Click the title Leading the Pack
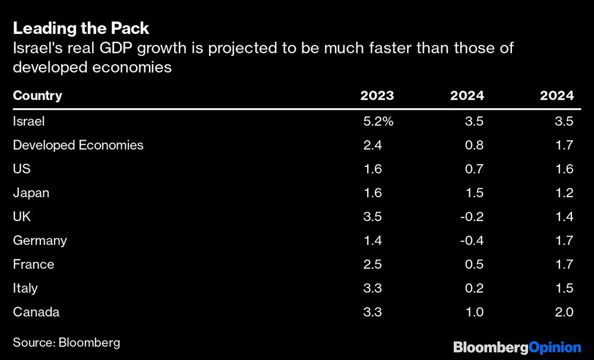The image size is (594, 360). click(81, 29)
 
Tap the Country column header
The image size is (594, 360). click(37, 96)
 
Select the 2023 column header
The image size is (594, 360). click(377, 96)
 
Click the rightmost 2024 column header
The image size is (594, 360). click(557, 96)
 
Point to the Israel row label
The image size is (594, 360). click(29, 121)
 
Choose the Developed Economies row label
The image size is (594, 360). click(78, 145)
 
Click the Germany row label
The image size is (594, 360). click(40, 241)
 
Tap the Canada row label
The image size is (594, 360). click(36, 312)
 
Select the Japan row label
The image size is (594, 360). click(31, 193)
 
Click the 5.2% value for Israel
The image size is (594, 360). click(378, 121)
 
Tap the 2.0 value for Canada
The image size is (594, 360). click(563, 312)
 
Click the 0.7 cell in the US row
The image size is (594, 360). click(474, 169)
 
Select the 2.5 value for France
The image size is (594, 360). click(372, 264)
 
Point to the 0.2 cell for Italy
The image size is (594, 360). click(474, 288)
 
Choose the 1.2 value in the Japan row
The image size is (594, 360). click(563, 193)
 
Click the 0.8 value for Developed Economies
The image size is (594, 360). click(474, 145)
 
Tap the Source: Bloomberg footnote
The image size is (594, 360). click(67, 342)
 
